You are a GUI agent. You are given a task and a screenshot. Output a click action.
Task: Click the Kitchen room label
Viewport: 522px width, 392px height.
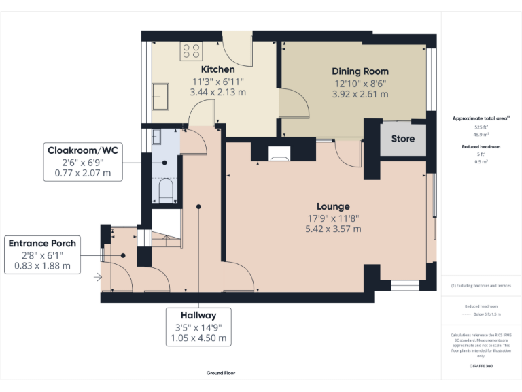pos(217,69)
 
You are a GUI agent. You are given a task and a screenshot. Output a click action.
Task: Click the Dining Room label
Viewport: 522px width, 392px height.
pos(360,71)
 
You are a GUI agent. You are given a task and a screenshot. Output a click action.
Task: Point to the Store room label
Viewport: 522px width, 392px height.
pos(402,139)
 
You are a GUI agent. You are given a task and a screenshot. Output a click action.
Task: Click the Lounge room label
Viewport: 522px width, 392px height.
pos(332,206)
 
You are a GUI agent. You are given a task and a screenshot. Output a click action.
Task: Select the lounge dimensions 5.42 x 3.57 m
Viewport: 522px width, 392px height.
pos(332,229)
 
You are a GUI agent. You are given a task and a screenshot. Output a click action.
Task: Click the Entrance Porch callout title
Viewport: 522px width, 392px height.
pos(41,243)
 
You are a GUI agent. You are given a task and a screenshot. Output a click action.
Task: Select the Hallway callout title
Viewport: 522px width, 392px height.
pos(198,315)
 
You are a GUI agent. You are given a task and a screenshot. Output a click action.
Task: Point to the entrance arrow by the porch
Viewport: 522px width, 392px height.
pos(99,277)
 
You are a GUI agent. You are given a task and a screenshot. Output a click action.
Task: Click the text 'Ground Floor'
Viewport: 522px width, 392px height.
pos(221,373)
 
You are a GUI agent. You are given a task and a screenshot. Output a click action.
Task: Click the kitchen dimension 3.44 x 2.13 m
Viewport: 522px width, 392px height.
pos(217,92)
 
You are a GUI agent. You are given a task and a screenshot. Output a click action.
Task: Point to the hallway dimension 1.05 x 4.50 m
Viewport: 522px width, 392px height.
pos(198,338)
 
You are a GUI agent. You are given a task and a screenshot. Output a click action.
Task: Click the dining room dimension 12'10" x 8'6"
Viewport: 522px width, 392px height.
pos(360,83)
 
